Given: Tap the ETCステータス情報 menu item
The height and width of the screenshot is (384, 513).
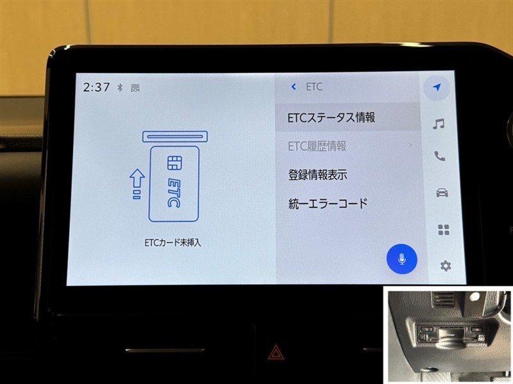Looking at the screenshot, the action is pos(331,118).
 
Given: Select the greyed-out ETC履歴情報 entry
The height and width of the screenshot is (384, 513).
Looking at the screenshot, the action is pos(317,147).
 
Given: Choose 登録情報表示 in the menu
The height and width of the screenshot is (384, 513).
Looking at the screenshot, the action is pos(317,175).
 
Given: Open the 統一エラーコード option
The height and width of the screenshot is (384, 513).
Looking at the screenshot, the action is pos(328,204).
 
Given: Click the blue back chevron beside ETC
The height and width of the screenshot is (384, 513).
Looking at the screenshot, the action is pos(294,86).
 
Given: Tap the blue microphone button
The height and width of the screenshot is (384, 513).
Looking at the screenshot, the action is pos(402,259).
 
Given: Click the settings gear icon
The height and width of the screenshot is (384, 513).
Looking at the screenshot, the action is pos(445,266).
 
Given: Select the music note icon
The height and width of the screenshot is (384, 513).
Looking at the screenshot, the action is pos(439,124).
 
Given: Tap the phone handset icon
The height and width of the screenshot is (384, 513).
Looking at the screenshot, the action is pos(439,156).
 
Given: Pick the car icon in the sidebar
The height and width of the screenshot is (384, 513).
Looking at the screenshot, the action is pos(442,193).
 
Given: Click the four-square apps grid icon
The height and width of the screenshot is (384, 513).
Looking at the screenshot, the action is pos(443,230).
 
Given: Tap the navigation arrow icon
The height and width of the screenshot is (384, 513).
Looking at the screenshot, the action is pos(437,87).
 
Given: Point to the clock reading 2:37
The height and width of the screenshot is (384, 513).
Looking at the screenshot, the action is pos(96,87).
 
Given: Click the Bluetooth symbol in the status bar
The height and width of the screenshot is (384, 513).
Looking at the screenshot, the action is pos(120,87).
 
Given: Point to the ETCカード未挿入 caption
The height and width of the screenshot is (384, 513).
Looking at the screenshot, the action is pos(172,243).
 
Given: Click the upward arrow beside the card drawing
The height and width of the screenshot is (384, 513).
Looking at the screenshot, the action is pos(137,184).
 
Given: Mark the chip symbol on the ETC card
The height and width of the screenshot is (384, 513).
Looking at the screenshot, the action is pos(174,163).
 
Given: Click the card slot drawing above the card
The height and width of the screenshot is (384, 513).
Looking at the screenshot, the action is pos(175,136).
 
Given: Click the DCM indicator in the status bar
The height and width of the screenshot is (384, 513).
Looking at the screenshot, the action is pos(135,88).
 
